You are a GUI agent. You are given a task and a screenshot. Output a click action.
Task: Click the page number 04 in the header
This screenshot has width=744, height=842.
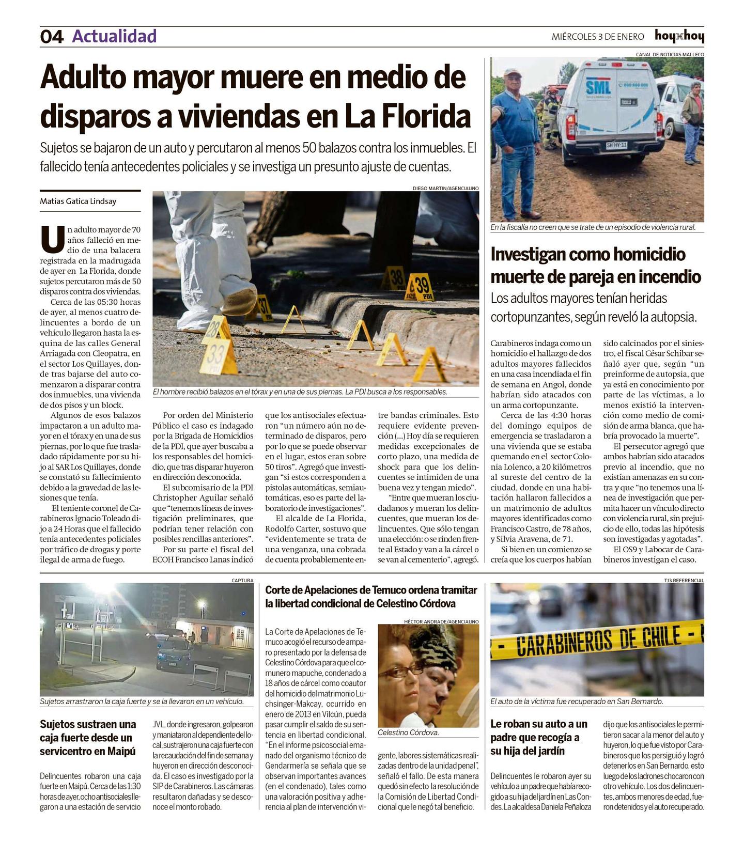(x=52, y=37)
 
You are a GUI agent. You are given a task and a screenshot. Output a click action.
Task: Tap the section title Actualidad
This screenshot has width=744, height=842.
(x=114, y=36)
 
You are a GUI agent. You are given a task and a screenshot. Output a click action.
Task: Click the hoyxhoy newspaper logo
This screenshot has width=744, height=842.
(x=679, y=36)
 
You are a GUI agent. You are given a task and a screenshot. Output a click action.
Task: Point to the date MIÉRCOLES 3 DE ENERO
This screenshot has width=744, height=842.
(x=598, y=37)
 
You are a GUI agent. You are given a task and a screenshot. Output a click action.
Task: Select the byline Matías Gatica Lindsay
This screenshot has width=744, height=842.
(x=78, y=201)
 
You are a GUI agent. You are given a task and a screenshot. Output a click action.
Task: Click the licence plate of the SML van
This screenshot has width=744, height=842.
(x=617, y=146)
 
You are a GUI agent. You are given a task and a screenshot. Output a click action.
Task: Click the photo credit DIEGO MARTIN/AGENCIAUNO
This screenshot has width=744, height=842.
(x=445, y=189)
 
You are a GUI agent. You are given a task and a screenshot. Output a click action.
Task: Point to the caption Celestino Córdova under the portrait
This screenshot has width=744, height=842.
(x=408, y=732)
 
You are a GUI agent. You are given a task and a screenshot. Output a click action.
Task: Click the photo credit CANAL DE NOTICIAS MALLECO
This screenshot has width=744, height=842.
(x=670, y=54)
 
